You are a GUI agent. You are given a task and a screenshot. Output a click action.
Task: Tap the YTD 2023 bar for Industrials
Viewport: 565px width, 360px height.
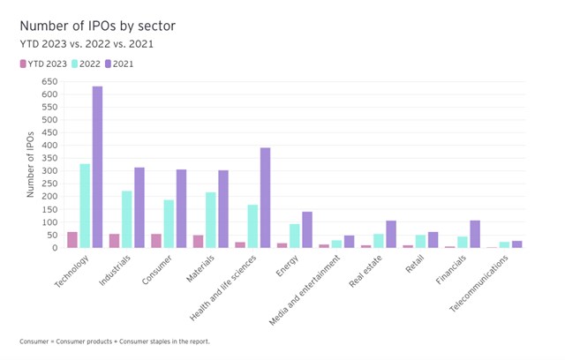(x=114, y=241)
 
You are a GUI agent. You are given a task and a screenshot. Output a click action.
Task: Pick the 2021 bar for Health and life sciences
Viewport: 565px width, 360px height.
(x=265, y=198)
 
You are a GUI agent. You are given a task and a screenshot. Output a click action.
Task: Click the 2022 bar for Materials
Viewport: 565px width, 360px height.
(x=210, y=220)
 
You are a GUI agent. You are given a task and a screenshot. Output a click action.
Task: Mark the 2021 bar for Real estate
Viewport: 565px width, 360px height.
(x=391, y=234)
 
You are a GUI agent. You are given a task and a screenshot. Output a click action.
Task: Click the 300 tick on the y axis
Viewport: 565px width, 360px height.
(x=49, y=171)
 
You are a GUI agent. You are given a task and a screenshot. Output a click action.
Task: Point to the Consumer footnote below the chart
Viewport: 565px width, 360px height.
(x=115, y=341)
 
